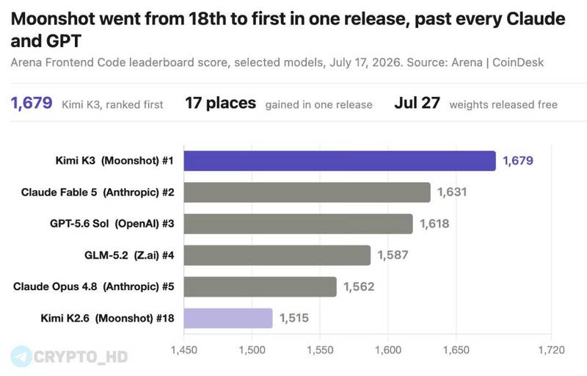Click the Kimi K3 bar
(340, 161)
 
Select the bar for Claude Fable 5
(307, 192)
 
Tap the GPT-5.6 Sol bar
(298, 224)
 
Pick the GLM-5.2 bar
(277, 256)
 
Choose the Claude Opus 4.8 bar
(260, 287)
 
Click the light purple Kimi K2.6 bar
(228, 318)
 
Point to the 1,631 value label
(452, 192)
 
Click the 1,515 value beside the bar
(294, 318)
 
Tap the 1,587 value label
(393, 255)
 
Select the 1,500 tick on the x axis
(252, 350)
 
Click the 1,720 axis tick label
(552, 350)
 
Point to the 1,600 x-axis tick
(388, 350)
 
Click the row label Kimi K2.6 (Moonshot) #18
(107, 318)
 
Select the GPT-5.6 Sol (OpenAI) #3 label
(112, 224)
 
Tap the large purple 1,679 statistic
(32, 103)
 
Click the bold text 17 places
(221, 103)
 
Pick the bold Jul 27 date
(417, 103)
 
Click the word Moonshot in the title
(53, 18)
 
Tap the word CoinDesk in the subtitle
(518, 62)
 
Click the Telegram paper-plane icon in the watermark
(21, 356)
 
